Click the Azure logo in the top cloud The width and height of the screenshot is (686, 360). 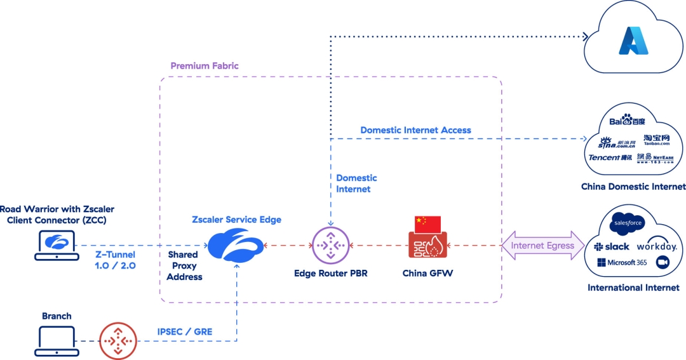633,40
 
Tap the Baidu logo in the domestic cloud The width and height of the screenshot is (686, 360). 627,120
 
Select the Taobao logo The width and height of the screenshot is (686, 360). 656,139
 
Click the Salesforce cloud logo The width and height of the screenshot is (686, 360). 628,223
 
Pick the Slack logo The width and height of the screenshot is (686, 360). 611,246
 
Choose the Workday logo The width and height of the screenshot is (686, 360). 657,246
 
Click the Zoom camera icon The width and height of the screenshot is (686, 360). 661,262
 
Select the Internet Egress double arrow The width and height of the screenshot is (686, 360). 543,246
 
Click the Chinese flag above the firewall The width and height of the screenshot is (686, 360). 427,223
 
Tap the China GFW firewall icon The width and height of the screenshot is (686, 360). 427,246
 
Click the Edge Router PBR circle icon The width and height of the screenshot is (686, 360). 330,246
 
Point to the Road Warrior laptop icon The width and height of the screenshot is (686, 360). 57,246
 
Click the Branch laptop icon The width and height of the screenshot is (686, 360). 57,341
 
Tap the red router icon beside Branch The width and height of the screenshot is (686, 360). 118,341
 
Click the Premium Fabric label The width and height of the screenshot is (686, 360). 205,66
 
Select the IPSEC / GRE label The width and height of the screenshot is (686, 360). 185,331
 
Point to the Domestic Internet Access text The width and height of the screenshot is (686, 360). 415,130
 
